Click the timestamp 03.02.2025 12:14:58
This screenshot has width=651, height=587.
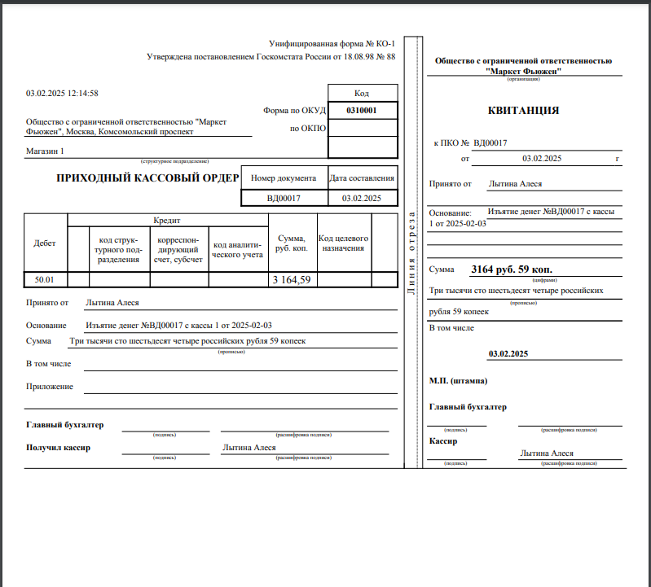(62, 94)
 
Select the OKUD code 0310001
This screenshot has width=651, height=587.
(362, 110)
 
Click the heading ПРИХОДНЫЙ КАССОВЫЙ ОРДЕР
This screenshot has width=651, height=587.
(147, 177)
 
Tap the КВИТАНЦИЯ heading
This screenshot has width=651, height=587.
(523, 110)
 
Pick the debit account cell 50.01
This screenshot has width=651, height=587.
(44, 279)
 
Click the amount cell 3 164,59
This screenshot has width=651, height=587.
(291, 279)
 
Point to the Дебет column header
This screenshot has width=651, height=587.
(45, 243)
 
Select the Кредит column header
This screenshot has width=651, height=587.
(167, 220)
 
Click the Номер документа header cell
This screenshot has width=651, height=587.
(283, 177)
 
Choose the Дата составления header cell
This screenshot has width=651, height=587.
(362, 177)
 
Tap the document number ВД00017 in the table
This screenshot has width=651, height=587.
(284, 198)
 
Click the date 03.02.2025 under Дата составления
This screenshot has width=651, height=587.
(362, 198)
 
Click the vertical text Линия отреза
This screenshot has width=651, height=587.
(411, 252)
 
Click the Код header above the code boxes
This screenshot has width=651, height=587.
(362, 93)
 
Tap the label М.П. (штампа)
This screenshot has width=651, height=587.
(459, 380)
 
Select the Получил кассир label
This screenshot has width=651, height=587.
(58, 448)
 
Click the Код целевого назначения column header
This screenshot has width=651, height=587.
(343, 243)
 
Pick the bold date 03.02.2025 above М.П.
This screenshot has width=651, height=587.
(508, 354)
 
